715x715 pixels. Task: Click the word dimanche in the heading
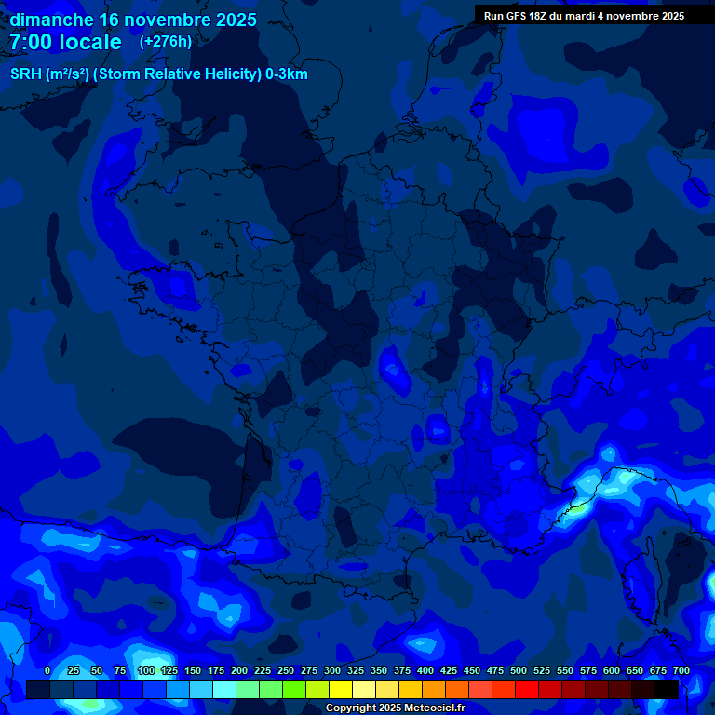(x=51, y=20)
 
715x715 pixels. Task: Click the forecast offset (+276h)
(x=165, y=42)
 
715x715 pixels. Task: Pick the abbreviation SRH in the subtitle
(x=25, y=74)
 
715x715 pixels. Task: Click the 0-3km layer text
(x=287, y=74)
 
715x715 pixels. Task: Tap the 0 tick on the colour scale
(x=47, y=670)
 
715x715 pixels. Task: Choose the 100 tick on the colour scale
(x=146, y=670)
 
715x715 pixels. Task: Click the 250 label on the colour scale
(x=286, y=670)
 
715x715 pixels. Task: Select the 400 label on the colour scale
(x=425, y=670)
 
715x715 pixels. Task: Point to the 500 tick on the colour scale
(x=519, y=670)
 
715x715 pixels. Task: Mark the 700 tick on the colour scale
(x=681, y=670)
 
